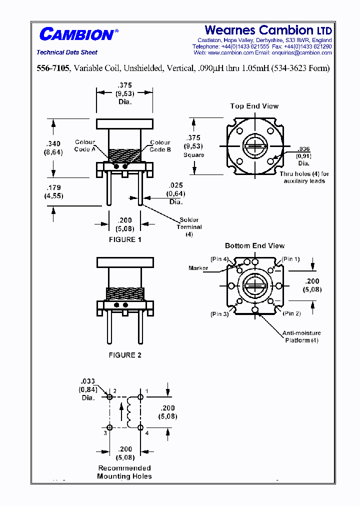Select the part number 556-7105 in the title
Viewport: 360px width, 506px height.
click(54, 68)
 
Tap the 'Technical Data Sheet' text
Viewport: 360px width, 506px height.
click(67, 52)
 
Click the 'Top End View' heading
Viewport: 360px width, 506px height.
click(254, 106)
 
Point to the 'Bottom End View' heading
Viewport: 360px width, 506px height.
click(254, 245)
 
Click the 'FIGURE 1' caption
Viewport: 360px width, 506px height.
click(125, 239)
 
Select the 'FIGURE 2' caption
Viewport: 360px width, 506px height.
click(125, 355)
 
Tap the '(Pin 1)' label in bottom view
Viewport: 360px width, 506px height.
click(290, 259)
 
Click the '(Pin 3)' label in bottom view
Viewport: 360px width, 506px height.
click(219, 313)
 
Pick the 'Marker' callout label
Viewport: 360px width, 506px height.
click(198, 268)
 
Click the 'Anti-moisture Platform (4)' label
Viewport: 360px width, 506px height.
click(301, 336)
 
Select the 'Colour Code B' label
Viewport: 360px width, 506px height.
click(160, 145)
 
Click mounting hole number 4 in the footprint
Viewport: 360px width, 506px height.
click(140, 427)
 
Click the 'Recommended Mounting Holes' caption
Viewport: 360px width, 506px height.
click(124, 472)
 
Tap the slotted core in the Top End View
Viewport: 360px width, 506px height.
click(255, 146)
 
